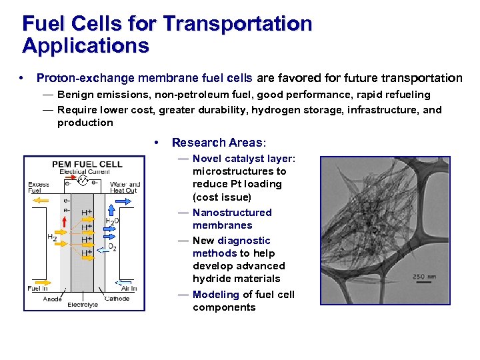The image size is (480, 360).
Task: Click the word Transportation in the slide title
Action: coord(237,24)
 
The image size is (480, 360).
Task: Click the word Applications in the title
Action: coord(85,46)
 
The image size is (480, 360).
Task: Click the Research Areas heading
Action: coord(218,142)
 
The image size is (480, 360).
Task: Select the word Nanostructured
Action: coord(232,213)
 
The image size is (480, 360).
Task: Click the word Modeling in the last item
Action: coord(215,295)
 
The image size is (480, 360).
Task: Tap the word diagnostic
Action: coord(244,241)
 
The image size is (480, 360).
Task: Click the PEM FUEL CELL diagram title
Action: coord(87,164)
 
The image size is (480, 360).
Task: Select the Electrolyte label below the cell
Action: coord(82,305)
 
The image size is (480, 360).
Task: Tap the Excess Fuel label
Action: coord(39,187)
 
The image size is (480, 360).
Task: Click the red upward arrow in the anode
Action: coord(65,236)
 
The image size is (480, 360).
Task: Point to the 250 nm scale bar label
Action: coord(425,276)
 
